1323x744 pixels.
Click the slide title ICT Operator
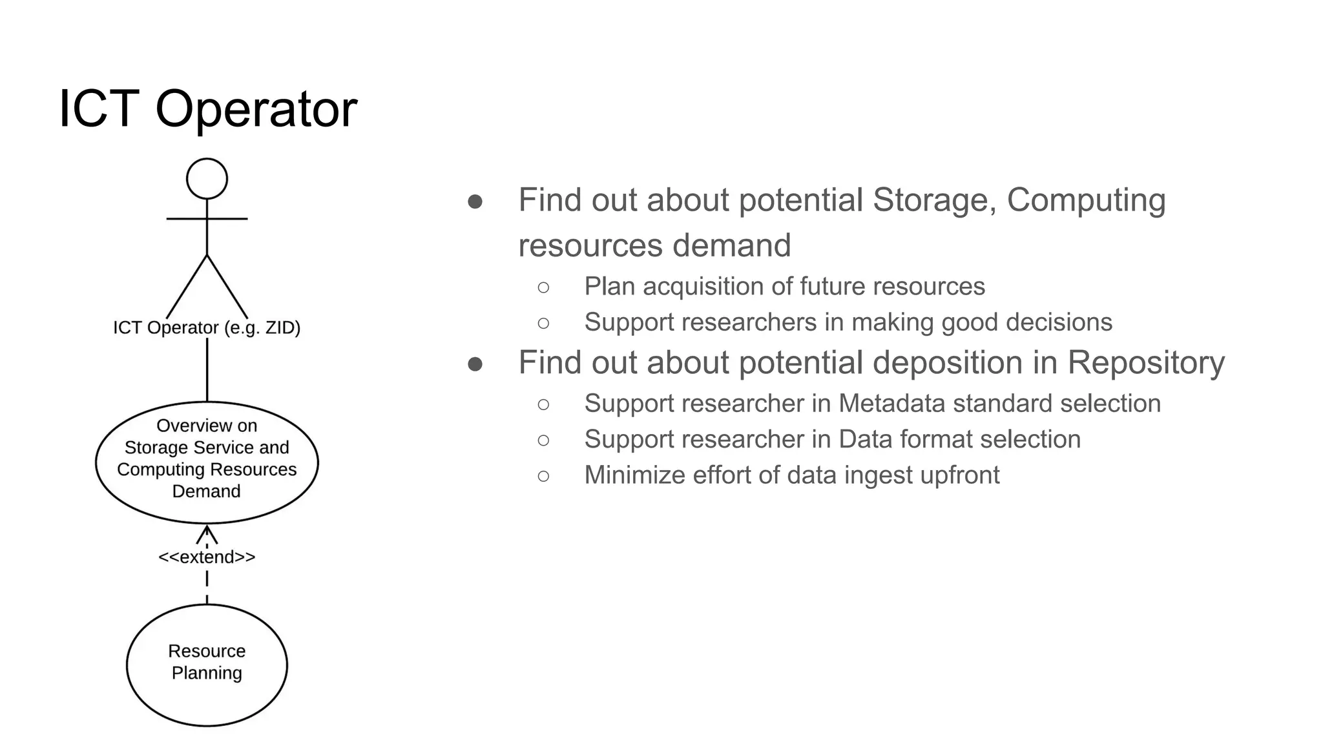207,108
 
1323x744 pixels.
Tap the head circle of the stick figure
207,179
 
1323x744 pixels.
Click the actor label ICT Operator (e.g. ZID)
207,327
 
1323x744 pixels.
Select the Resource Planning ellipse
207,665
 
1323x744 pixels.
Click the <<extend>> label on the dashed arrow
207,557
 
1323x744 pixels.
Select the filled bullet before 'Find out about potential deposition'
475,364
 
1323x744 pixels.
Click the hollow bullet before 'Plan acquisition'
543,287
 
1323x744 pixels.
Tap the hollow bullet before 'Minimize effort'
543,476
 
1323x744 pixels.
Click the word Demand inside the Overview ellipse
207,491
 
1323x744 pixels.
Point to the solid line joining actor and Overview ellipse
207,369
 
